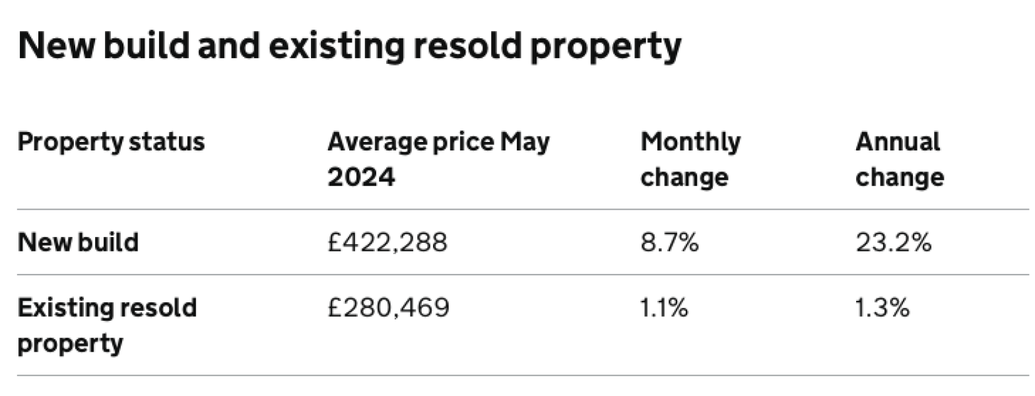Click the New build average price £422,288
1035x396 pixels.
387,243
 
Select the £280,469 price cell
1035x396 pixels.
388,308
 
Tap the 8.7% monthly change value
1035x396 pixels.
669,243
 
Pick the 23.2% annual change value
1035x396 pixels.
893,243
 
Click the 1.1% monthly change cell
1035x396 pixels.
664,308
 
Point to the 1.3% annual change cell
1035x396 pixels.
883,308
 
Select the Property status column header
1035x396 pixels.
111,142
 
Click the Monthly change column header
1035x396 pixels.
690,159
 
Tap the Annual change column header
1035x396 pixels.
899,159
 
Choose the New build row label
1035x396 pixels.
78,243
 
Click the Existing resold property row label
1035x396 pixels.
107,325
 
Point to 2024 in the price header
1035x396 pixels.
361,177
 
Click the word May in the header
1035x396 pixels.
525,142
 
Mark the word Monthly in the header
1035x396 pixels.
690,142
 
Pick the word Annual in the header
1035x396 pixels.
897,142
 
